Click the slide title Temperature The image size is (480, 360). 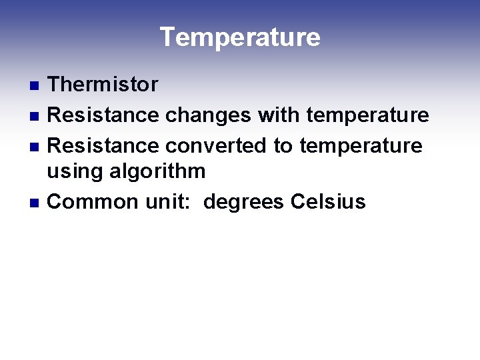pyautogui.click(x=240, y=37)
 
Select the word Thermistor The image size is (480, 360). pyautogui.click(x=103, y=85)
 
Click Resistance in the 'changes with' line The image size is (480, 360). pyautogui.click(x=103, y=115)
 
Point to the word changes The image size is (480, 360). pyautogui.click(x=208, y=115)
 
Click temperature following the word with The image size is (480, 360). pyautogui.click(x=367, y=115)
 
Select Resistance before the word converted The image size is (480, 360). pyautogui.click(x=103, y=145)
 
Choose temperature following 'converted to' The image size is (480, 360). pyautogui.click(x=361, y=145)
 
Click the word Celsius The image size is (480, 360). pyautogui.click(x=328, y=201)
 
